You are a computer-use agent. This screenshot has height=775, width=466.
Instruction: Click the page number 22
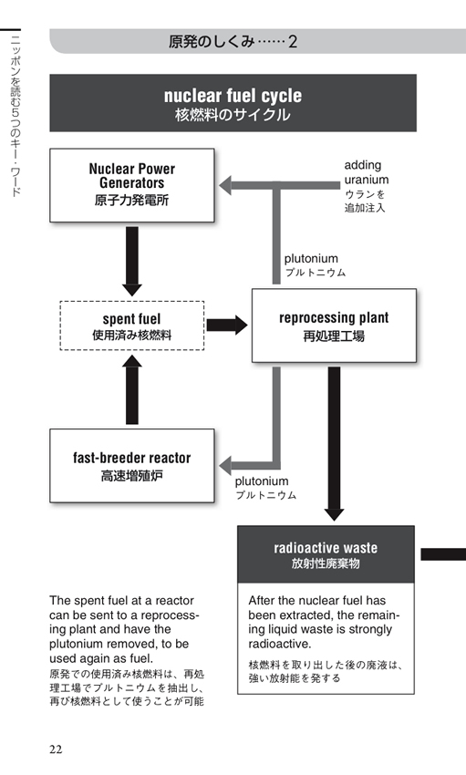[56, 749]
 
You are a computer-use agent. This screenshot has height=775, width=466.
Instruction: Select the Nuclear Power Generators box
[132, 185]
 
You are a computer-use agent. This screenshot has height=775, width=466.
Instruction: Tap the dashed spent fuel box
[132, 325]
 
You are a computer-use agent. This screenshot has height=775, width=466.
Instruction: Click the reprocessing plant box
[334, 325]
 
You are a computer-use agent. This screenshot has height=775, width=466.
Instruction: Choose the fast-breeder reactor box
[132, 466]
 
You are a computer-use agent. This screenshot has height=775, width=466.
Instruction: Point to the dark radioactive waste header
[326, 554]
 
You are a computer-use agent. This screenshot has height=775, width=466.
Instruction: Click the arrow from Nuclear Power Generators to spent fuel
[132, 262]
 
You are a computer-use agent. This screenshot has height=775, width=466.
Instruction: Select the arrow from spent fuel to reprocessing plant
[227, 325]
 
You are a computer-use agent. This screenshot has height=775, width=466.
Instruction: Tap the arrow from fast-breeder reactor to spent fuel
[132, 389]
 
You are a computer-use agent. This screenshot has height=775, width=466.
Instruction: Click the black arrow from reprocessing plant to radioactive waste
[334, 444]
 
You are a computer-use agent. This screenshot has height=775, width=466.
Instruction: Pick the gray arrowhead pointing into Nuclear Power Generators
[225, 185]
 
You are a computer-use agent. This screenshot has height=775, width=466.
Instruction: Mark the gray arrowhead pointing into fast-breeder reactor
[225, 466]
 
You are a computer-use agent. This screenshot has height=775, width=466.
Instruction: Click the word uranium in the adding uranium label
[367, 180]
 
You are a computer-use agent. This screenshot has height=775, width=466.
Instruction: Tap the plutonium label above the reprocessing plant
[311, 259]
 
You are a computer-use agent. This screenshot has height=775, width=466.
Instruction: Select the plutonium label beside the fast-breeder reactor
[262, 480]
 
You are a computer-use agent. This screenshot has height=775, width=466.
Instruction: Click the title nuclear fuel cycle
[233, 96]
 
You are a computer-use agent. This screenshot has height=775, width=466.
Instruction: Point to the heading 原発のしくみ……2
[233, 42]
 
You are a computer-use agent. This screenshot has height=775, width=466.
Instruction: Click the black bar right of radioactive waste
[443, 554]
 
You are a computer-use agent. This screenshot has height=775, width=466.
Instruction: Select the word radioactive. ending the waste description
[280, 644]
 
